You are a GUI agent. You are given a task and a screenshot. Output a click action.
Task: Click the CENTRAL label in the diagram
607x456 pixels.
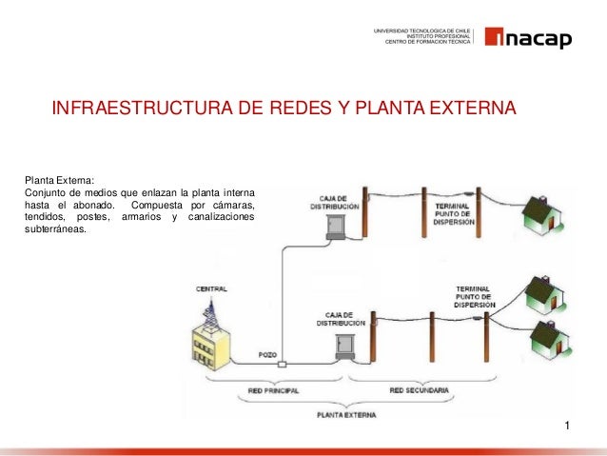pos(211,288)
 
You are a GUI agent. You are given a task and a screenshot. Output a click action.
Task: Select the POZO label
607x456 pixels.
pos(268,354)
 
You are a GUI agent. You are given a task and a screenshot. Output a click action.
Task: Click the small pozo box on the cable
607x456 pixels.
pos(282,365)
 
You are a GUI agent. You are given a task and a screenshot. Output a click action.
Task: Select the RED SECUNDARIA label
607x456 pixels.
pos(420,390)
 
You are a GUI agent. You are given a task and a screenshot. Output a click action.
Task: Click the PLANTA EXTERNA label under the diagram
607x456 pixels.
pos(347,415)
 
